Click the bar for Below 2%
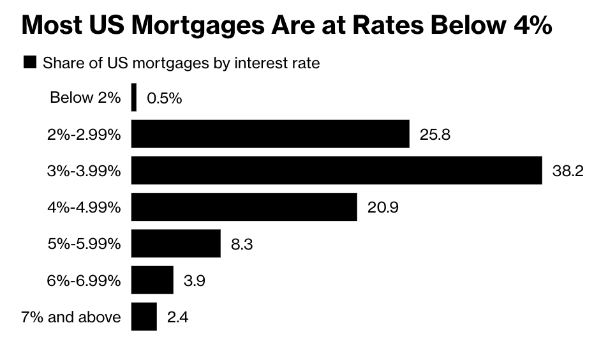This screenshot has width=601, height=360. click(133, 98)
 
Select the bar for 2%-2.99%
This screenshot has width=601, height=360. click(270, 134)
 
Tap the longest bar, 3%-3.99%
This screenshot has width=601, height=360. click(336, 170)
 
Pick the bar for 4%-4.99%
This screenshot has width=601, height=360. click(244, 207)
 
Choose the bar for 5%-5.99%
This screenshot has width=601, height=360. click(175, 244)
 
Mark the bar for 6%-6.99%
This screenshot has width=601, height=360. click(152, 280)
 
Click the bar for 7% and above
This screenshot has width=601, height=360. click(144, 317)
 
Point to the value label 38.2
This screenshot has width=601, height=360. click(568, 171)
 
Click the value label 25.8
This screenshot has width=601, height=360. click(435, 135)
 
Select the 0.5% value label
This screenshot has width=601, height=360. click(164, 98)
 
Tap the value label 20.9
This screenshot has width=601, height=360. click(383, 207)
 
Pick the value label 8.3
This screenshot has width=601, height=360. click(242, 244)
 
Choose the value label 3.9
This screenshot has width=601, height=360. click(194, 281)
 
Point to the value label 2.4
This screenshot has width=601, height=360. click(177, 317)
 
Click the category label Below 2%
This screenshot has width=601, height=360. click(85, 98)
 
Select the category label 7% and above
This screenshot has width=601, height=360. click(71, 317)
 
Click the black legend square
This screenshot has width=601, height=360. click(29, 63)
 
